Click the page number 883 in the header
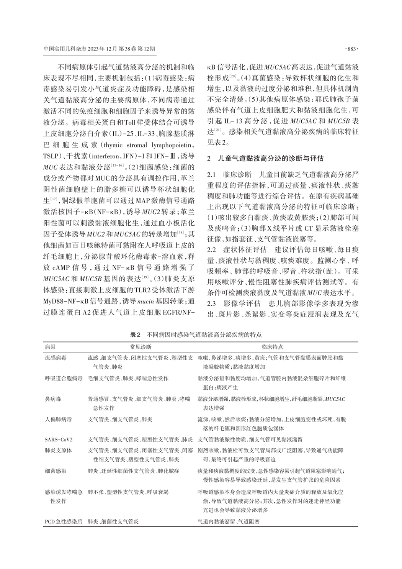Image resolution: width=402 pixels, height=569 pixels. [351, 49]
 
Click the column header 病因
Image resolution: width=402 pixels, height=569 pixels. [50, 346]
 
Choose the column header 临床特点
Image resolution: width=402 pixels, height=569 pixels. [272, 346]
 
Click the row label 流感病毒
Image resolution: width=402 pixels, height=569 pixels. [56, 357]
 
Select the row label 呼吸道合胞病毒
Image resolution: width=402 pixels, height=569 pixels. [64, 378]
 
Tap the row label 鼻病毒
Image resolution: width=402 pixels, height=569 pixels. [53, 399]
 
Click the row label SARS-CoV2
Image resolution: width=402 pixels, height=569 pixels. [59, 439]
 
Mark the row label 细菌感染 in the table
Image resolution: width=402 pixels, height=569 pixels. [56, 471]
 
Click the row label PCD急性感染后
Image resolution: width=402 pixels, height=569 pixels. [64, 521]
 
